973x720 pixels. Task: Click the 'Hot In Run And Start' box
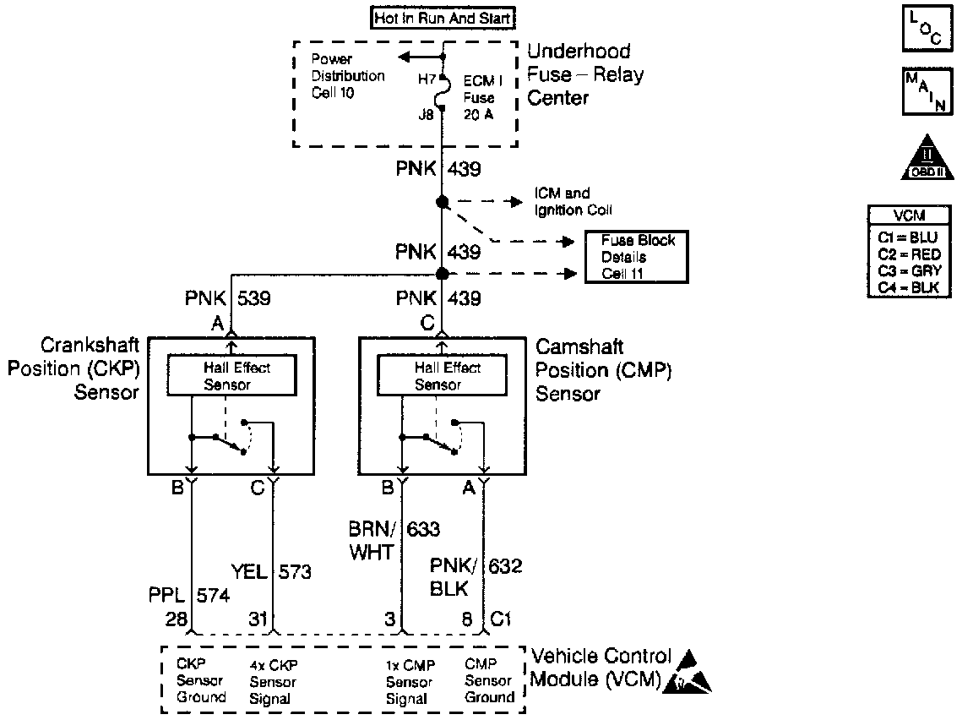click(x=443, y=17)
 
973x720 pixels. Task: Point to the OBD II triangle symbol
click(x=927, y=158)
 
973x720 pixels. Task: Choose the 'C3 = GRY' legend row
click(x=908, y=271)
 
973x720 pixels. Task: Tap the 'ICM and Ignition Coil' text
click(x=573, y=202)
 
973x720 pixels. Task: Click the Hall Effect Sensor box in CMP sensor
click(x=441, y=375)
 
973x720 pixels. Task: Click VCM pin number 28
click(x=177, y=619)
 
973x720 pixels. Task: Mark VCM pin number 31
click(x=258, y=619)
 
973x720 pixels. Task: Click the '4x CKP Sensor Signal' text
click(x=273, y=682)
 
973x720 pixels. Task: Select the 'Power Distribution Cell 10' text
click(x=348, y=76)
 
